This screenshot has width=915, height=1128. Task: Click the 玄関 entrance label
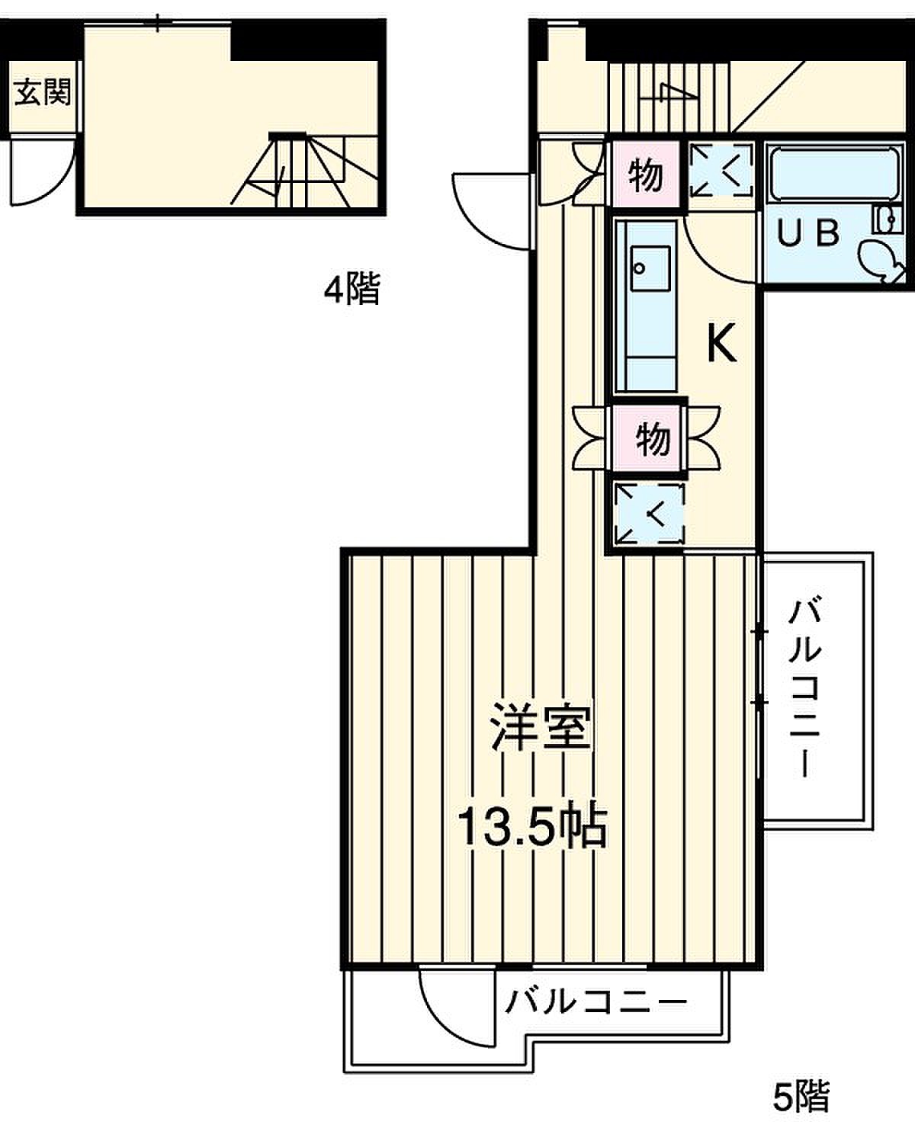pos(43,93)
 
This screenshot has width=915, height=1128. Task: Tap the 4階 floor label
pos(352,289)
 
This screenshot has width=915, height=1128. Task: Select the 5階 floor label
pos(801,1096)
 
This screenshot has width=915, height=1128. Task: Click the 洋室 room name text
pos(541,727)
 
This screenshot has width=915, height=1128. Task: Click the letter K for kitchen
pos(721,343)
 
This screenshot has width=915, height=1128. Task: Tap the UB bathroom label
pos(808,232)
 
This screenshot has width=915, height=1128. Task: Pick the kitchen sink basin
pos(650,268)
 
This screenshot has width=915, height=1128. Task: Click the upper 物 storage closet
pos(646,175)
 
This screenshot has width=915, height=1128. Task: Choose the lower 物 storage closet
pos(647,438)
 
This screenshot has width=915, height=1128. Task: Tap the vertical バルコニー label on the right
pos(804,688)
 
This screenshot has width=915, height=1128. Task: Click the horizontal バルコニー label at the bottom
pos(596,1002)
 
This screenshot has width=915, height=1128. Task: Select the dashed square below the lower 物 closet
pos(649,513)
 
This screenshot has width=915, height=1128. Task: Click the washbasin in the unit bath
pos(888,219)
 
